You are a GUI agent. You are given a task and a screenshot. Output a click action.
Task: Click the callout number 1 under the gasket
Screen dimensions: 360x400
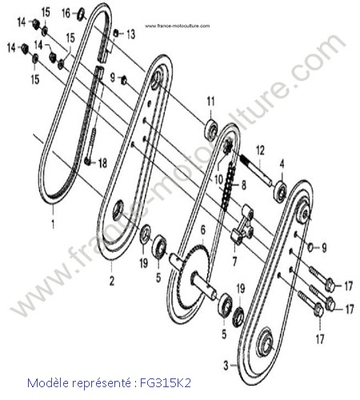tap(53, 223)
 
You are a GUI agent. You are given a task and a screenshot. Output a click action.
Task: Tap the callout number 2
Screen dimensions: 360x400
tap(112, 281)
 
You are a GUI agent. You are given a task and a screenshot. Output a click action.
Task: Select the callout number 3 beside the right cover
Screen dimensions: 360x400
tap(226, 366)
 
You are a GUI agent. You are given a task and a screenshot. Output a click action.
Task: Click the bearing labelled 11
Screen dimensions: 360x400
tap(211, 130)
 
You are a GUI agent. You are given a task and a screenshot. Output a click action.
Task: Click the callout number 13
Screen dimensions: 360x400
tap(130, 34)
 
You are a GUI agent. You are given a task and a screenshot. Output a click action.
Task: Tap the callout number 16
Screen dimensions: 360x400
tap(66, 13)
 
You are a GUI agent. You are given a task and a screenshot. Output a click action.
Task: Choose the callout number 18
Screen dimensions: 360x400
tap(102, 163)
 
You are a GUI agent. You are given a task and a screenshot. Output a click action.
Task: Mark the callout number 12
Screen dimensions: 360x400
tap(260, 150)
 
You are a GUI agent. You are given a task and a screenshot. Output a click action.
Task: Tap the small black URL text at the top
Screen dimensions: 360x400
tap(178, 26)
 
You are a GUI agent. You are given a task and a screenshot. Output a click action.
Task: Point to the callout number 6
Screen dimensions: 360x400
tap(203, 230)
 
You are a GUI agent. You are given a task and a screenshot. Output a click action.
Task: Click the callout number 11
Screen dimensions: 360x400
tap(210, 102)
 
